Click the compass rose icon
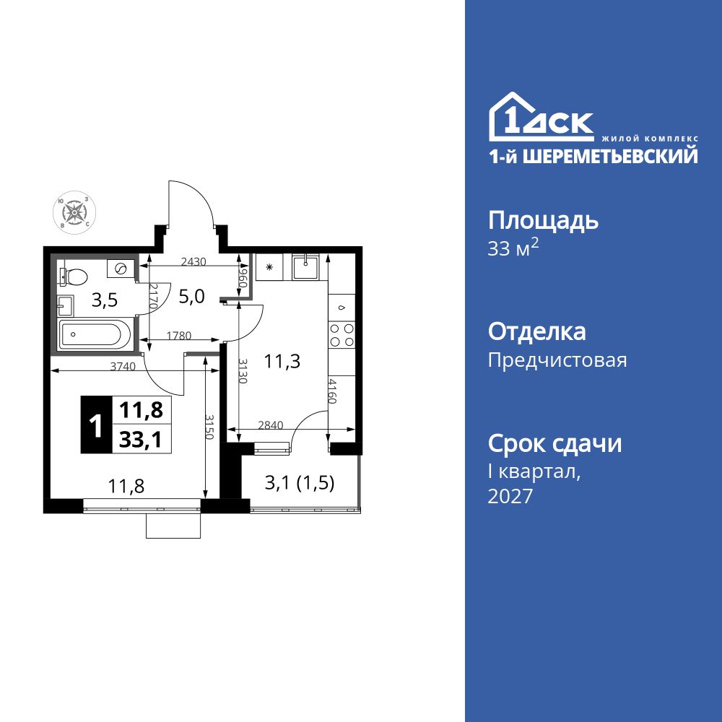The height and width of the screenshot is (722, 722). (x=73, y=212)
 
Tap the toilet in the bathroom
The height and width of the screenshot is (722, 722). (x=74, y=275)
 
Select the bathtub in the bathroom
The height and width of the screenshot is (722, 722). (x=95, y=335)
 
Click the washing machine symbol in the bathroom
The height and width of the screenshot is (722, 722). (x=121, y=269)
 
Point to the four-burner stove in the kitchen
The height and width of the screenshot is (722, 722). (x=342, y=334)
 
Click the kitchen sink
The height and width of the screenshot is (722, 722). (x=307, y=266)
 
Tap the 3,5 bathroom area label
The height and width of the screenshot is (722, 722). (x=105, y=300)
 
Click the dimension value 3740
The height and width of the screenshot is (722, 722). (x=123, y=366)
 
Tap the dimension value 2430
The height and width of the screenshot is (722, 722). (x=193, y=261)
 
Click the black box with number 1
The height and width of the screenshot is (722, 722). (x=95, y=425)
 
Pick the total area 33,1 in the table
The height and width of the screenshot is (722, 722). (x=141, y=439)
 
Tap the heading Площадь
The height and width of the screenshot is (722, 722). (x=543, y=220)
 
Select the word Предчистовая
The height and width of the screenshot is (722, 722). (x=557, y=360)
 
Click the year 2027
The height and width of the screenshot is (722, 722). (x=510, y=496)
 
